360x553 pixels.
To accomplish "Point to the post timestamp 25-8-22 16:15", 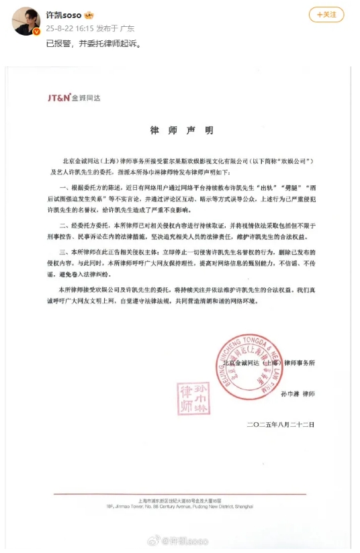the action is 66,29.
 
